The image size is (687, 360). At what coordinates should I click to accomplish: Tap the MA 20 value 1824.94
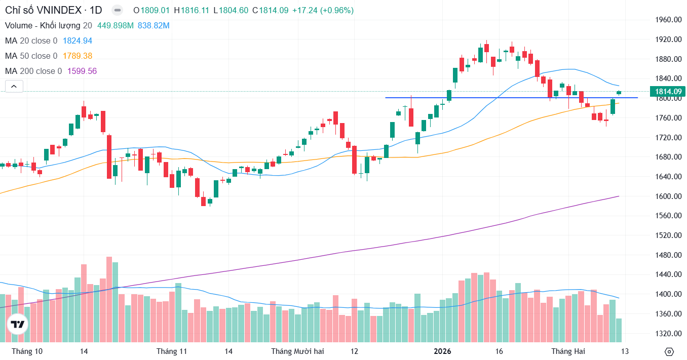(77, 41)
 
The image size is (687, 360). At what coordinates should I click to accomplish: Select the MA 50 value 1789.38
(77, 56)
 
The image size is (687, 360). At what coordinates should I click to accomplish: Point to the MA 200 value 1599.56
(82, 71)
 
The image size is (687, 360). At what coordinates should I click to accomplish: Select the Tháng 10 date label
(27, 351)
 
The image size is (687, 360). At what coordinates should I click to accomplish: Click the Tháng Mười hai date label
(297, 351)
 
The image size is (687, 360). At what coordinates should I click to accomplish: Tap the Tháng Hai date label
(567, 351)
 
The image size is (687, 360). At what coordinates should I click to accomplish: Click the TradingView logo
(18, 324)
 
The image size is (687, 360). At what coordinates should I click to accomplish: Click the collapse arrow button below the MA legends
(14, 87)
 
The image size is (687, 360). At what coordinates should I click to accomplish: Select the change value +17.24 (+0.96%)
(323, 10)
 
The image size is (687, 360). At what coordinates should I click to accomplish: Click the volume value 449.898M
(115, 25)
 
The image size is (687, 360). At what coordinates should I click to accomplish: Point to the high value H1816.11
(191, 10)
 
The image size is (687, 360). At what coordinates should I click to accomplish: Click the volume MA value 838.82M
(154, 25)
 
